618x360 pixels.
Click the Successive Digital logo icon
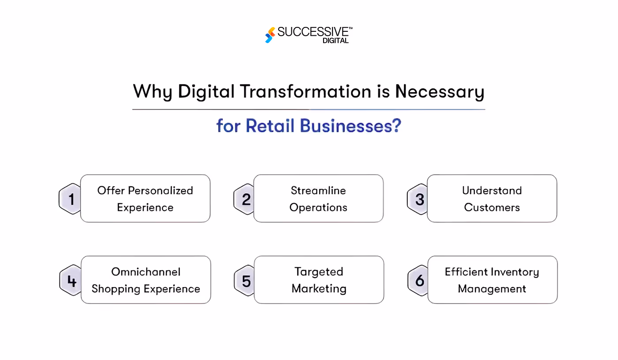point(270,35)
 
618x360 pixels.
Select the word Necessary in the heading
point(439,92)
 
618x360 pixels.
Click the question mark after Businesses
point(396,126)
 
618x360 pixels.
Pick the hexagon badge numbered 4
point(71,280)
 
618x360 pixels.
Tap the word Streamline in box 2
point(318,191)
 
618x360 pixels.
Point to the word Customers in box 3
point(492,207)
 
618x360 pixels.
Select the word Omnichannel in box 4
point(146,272)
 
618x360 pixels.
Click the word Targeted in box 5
point(319,272)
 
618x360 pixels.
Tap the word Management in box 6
point(492,289)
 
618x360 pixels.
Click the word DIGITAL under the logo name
point(335,41)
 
